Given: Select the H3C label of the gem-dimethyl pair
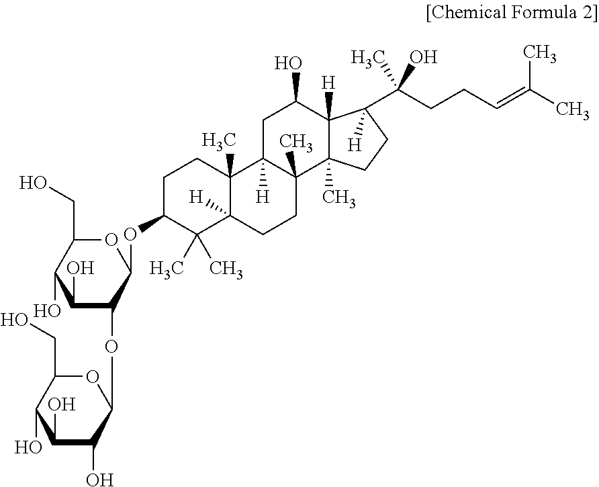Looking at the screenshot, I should coord(166,271).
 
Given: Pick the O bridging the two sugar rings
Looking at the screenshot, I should coord(112,347).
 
